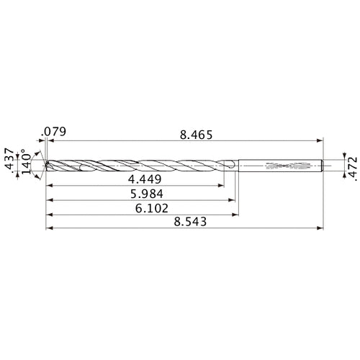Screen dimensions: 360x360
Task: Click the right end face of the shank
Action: click(x=320, y=165)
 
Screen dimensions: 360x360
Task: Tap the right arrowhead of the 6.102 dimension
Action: click(x=235, y=215)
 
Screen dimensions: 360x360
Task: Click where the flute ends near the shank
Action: click(x=230, y=166)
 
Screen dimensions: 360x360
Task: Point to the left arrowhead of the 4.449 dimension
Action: click(x=50, y=186)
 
